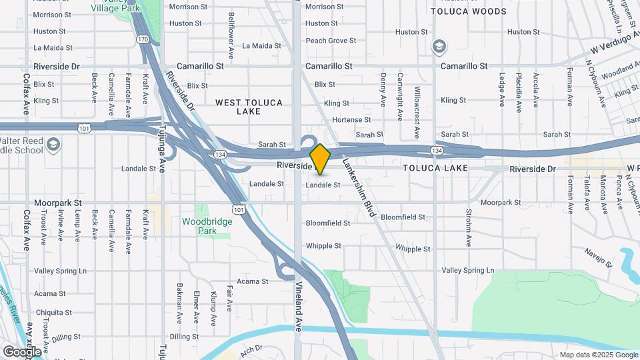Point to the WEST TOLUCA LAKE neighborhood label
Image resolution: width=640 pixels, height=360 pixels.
(x=249, y=107)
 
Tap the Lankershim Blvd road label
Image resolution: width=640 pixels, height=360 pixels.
(x=357, y=183)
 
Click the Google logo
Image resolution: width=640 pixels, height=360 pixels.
(x=22, y=351)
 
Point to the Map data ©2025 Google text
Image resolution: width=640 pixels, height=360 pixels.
(x=599, y=355)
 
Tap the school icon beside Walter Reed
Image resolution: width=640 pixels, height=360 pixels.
(x=53, y=144)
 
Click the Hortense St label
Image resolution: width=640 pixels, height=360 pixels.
(x=351, y=119)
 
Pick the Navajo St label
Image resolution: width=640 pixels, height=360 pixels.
(x=597, y=257)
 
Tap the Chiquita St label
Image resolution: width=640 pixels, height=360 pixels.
(x=54, y=312)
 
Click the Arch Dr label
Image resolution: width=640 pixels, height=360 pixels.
(x=252, y=349)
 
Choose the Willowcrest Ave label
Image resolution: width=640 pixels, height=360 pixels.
(x=417, y=103)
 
